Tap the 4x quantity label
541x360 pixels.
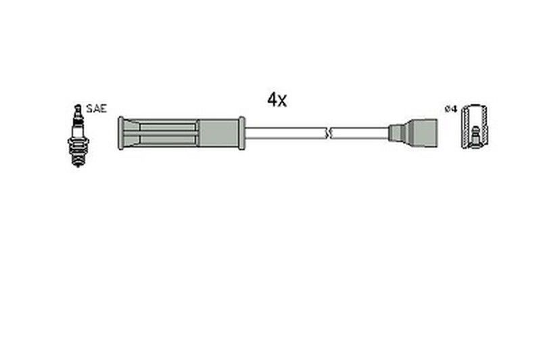coord(277,100)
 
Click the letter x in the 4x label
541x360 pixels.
coord(282,102)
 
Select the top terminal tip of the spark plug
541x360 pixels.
coord(78,108)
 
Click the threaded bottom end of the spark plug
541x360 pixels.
coord(78,160)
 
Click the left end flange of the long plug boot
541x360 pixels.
coord(120,133)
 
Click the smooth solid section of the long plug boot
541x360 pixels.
coord(218,133)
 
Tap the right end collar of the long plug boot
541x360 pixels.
coord(241,133)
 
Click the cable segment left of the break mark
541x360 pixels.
coord(284,133)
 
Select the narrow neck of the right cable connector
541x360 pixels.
coord(394,132)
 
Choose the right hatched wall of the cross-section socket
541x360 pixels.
coord(485,129)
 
